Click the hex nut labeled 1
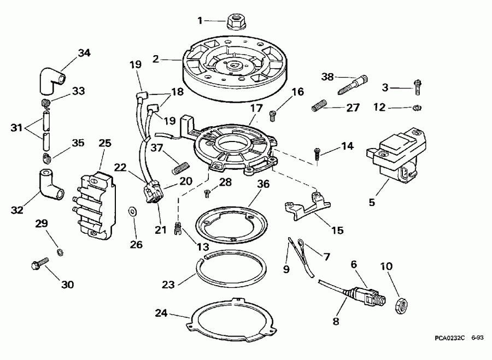[x=235, y=22]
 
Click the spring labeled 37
[x=179, y=163]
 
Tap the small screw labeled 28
[x=208, y=192]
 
